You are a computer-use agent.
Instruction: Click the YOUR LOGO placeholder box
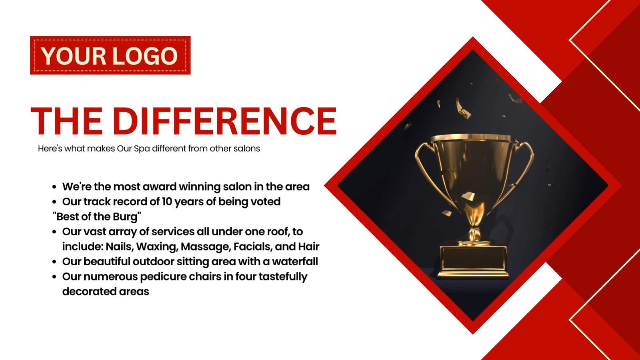click(110, 55)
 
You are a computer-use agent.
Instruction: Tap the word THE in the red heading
click(67, 121)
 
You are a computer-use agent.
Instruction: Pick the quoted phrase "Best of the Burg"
click(97, 217)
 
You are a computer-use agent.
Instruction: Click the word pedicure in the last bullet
click(163, 276)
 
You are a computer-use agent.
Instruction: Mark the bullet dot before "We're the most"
click(54, 187)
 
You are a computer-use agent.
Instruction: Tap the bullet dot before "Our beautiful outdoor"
click(54, 262)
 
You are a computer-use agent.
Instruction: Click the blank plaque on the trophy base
click(473, 258)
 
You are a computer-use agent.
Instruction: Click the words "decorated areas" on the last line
click(106, 292)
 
